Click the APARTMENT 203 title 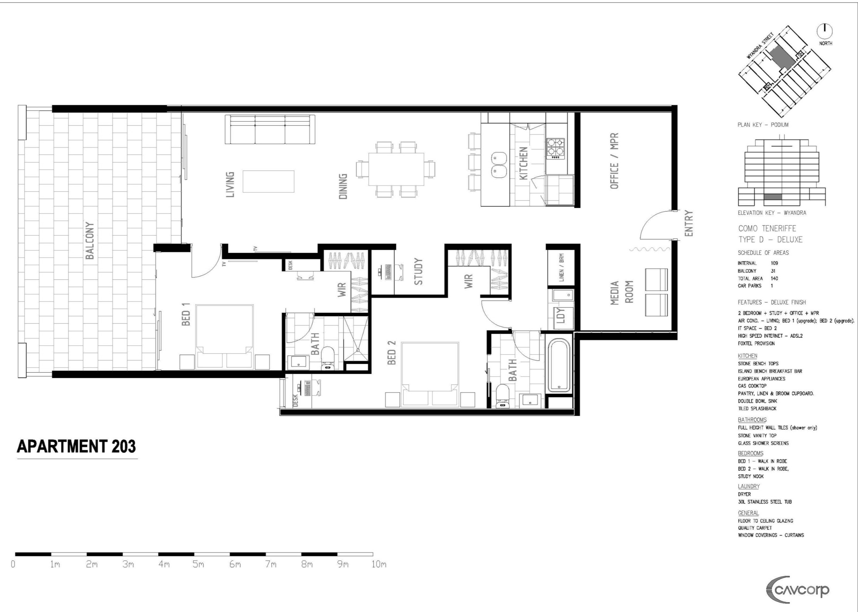click(x=76, y=446)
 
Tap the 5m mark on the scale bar click(x=198, y=564)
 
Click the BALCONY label click(x=90, y=241)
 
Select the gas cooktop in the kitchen click(x=555, y=149)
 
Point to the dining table click(x=396, y=169)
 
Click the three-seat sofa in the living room click(x=270, y=129)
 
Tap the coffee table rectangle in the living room click(x=268, y=182)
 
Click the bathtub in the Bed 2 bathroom click(x=559, y=365)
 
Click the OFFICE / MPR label click(x=614, y=161)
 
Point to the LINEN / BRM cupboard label click(x=561, y=267)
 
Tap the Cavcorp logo click(x=798, y=590)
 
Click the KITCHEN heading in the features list click(x=747, y=356)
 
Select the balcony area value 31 click(x=773, y=271)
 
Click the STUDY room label click(x=418, y=271)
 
